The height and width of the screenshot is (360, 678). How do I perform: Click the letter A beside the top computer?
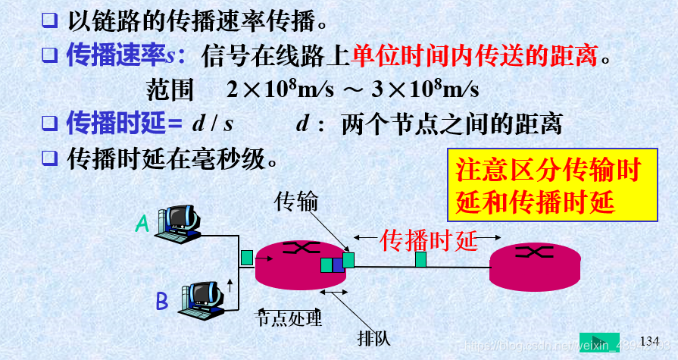(142, 223)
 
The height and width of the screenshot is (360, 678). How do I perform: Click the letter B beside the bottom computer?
(161, 302)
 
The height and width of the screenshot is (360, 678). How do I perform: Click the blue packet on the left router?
(337, 265)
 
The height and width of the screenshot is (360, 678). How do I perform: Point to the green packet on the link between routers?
(420, 259)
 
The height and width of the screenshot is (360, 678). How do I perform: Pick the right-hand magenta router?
(535, 267)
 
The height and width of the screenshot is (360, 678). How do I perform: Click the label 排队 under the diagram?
(374, 337)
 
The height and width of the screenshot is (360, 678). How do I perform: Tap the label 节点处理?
(289, 318)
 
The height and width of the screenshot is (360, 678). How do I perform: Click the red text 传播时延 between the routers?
(429, 240)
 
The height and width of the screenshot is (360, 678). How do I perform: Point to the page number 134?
(650, 340)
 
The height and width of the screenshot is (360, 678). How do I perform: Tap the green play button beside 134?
(599, 342)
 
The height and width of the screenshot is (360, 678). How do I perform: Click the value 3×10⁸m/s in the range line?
(424, 89)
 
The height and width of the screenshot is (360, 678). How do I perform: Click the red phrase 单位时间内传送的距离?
(474, 55)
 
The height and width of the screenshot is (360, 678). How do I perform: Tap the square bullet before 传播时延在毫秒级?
(49, 158)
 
